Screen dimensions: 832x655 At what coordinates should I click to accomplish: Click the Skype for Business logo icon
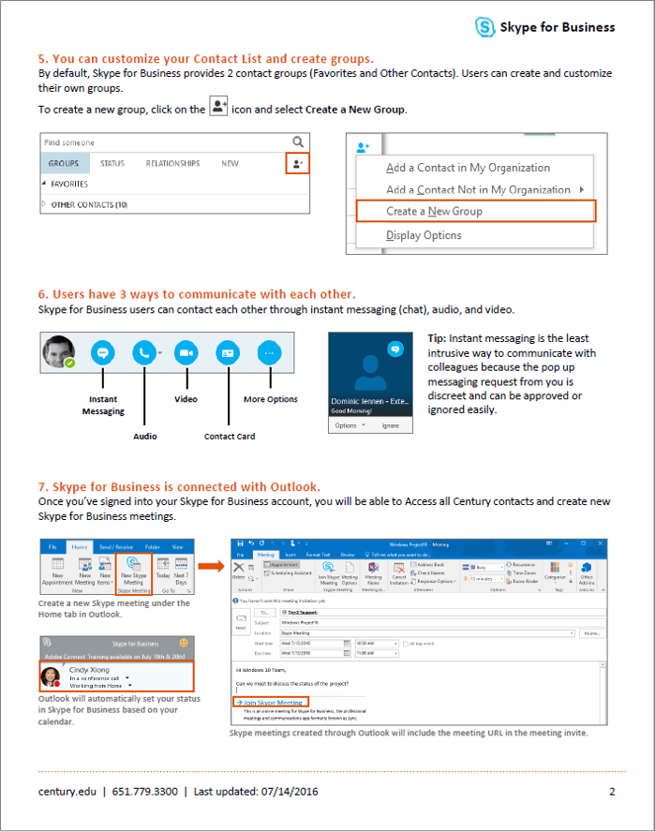tap(484, 27)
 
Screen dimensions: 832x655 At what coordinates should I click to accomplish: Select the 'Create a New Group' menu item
tap(434, 211)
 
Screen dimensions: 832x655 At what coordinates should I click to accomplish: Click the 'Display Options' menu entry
tap(424, 235)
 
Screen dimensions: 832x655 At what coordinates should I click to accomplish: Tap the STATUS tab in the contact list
tap(112, 163)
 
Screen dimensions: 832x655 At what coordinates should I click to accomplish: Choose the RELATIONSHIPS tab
tap(172, 163)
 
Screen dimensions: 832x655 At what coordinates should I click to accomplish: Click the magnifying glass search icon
tap(298, 142)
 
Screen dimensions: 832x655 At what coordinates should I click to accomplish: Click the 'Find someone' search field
tap(159, 142)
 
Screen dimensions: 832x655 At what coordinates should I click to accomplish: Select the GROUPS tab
tap(64, 163)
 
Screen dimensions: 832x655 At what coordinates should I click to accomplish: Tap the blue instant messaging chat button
tap(103, 352)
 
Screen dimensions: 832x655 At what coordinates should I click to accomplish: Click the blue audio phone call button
tap(144, 352)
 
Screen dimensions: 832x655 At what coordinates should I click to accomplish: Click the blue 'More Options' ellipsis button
tap(270, 352)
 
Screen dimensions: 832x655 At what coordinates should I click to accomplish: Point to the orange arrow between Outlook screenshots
tap(211, 565)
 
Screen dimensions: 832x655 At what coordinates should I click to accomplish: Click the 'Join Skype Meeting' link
tap(269, 702)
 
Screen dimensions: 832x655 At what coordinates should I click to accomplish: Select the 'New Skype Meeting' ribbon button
tap(132, 573)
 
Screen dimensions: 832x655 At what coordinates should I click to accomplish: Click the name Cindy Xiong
tap(91, 670)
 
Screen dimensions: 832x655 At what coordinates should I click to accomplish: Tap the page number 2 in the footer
tap(612, 792)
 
